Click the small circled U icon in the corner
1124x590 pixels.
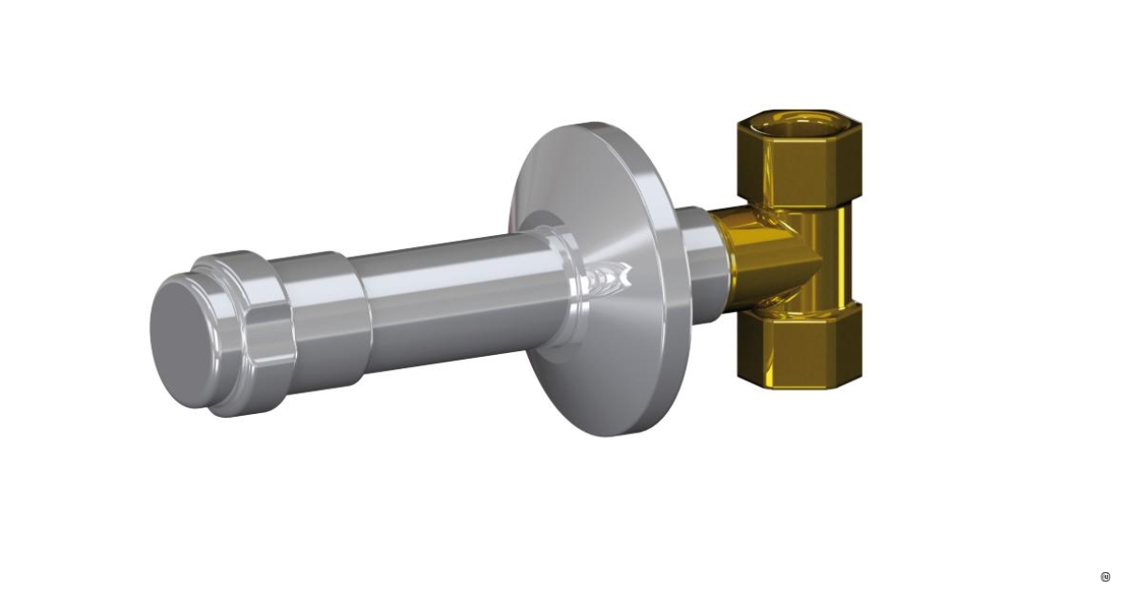coord(1105,576)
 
